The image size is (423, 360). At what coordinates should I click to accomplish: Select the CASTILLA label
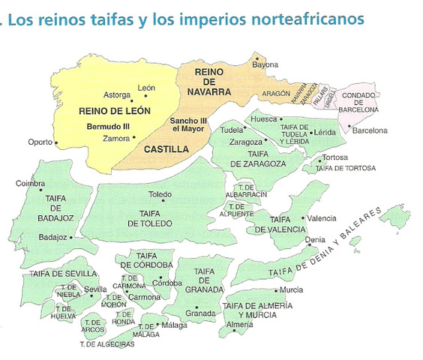[166, 149]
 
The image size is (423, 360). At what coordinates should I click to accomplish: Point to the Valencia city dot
[304, 219]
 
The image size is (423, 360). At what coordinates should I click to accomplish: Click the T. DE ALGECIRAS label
[107, 344]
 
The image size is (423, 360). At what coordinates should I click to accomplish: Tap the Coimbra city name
[31, 182]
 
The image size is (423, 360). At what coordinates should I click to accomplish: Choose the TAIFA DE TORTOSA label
[345, 168]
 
